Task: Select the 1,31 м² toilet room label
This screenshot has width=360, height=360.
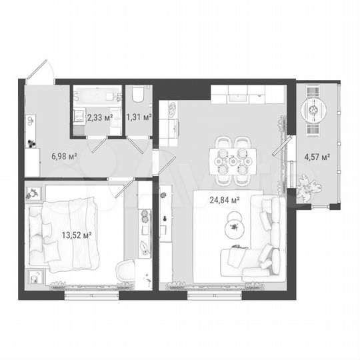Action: (138, 118)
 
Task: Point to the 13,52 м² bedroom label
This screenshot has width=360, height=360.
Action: (77, 234)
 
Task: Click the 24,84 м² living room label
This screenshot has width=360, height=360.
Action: (225, 199)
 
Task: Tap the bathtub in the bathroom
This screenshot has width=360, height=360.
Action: (96, 96)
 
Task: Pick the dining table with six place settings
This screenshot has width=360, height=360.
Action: (233, 161)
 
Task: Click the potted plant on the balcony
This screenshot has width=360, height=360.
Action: (307, 187)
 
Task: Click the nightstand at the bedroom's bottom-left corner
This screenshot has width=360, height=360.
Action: (35, 277)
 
